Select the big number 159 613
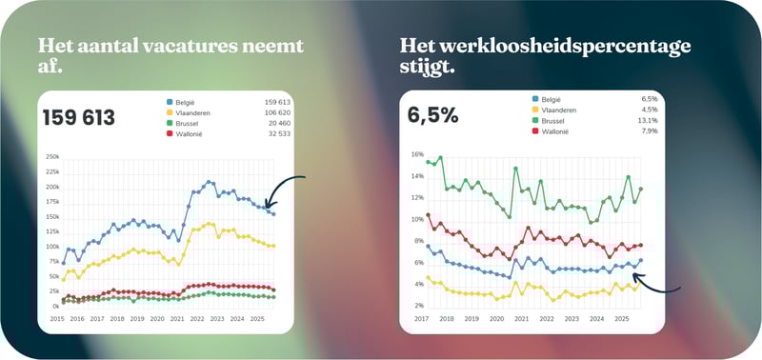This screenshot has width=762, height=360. tap(79, 118)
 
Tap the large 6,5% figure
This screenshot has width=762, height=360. tap(433, 115)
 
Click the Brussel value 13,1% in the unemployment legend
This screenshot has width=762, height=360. tap(649, 120)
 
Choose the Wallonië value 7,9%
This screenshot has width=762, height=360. tap(650, 131)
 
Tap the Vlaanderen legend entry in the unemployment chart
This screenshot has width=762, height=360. tap(560, 109)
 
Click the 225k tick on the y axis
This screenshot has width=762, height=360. tap(52, 171)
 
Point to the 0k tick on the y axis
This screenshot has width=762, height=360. tap(55, 306)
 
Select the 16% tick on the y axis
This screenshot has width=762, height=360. tap(416, 153)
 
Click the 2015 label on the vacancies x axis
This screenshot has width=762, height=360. tap(58, 317)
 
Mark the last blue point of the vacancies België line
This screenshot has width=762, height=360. tap(274, 214)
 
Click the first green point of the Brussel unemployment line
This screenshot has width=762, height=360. tap(428, 162)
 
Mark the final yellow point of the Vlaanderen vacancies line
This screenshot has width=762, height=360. tap(274, 246)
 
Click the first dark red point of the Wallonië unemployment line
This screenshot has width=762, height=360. tap(428, 214)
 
